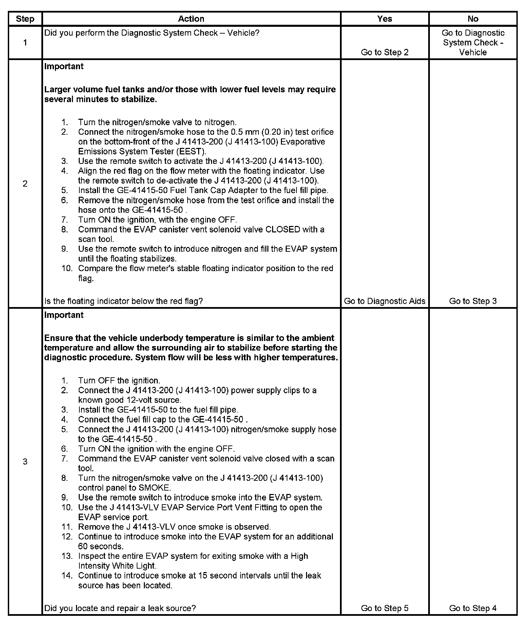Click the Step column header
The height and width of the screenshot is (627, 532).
pos(25,19)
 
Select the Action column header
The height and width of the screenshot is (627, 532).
pos(191,19)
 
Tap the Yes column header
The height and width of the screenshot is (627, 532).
pos(384,19)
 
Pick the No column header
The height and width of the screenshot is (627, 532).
pos(473,19)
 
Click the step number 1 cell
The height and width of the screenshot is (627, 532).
pos(25,43)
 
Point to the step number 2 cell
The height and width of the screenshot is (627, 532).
pos(25,184)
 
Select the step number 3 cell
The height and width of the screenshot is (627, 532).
pos(25,461)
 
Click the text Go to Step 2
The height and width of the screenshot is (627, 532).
pos(384,52)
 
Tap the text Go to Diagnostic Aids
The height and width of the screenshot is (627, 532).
pos(384,301)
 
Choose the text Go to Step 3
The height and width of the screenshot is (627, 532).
pos(473,301)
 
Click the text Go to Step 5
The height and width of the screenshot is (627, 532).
pos(384,608)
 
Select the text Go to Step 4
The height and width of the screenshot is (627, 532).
pos(473,608)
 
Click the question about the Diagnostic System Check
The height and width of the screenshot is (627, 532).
pos(152,33)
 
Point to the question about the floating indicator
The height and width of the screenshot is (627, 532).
pos(123,301)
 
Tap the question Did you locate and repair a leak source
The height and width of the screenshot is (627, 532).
pos(120,608)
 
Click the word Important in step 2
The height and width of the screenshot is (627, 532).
pos(64,66)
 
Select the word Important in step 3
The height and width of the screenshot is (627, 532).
pos(64,315)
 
